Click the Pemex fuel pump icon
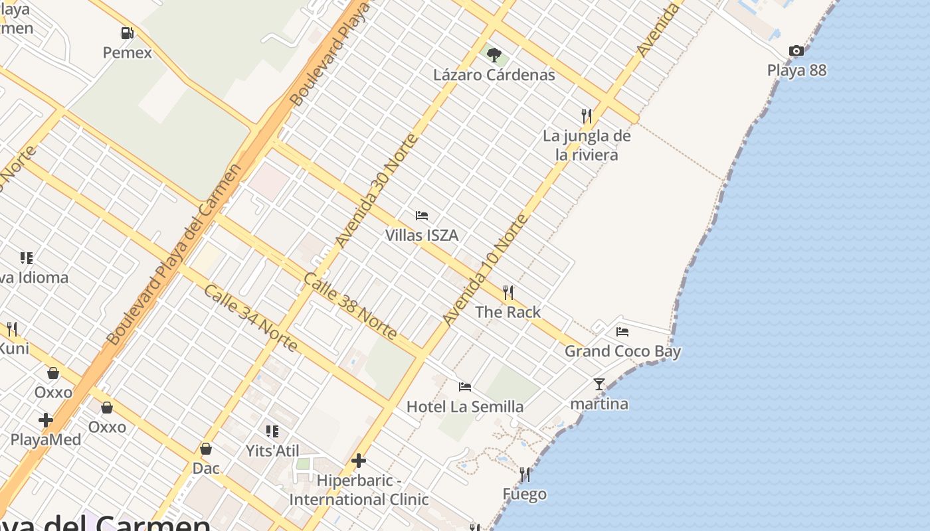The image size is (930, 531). point(127,33)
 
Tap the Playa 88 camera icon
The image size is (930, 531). point(796,51)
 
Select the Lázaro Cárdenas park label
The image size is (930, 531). point(494,74)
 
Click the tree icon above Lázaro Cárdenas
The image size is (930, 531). point(494,54)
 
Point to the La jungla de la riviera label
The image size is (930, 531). point(587,145)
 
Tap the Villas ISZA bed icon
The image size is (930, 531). point(422,216)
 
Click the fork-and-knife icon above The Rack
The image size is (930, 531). point(508,292)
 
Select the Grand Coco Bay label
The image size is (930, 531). point(622,351)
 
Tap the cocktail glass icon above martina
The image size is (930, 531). point(599,384)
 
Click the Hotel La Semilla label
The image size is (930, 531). point(465,406)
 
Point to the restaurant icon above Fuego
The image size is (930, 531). point(525,475)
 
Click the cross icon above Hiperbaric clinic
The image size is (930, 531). point(359,461)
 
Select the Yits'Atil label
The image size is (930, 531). point(272,451)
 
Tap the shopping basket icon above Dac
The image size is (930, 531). point(206,449)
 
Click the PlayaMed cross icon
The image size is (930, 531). point(46,420)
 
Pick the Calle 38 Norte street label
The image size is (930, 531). point(350,305)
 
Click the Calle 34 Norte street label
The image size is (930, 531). point(250,318)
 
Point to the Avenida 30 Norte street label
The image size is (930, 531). point(377,190)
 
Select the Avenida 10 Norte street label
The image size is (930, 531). point(485,269)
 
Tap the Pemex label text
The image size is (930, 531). point(127,52)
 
